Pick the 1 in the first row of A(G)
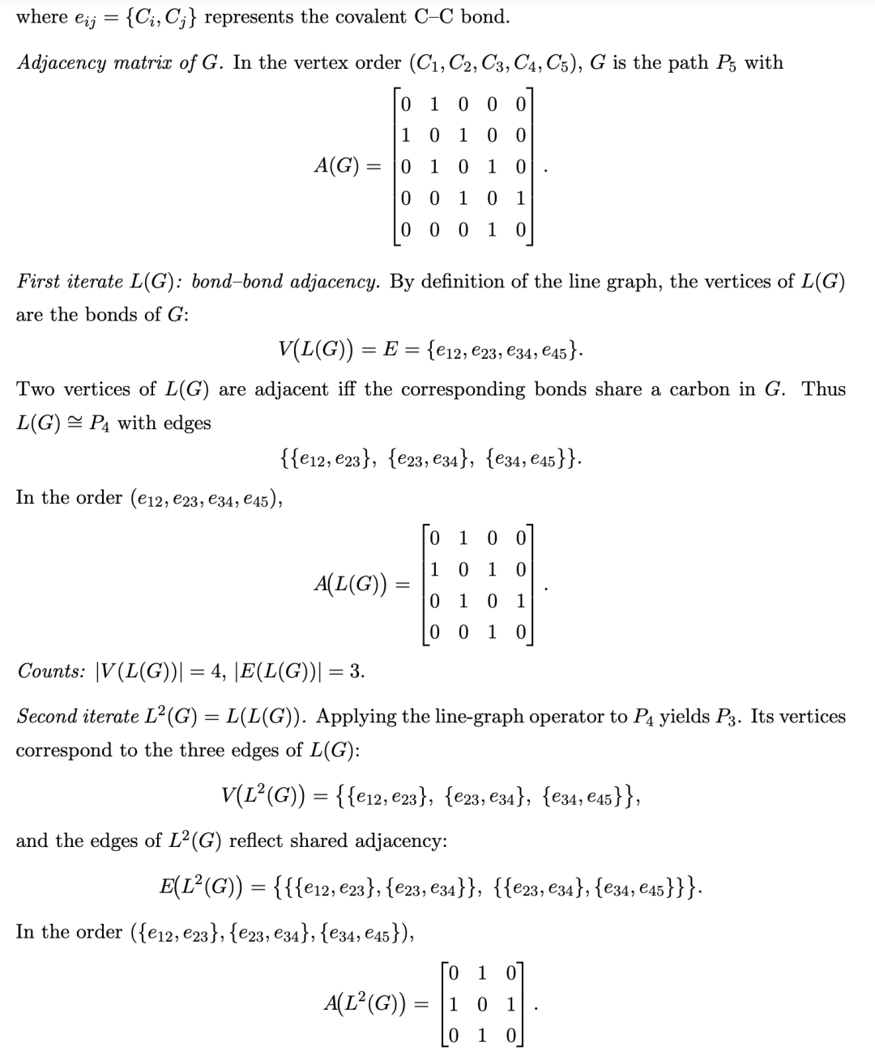(x=434, y=104)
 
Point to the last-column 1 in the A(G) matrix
(x=520, y=198)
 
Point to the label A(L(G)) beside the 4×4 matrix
(x=350, y=585)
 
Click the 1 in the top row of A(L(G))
(x=463, y=538)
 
